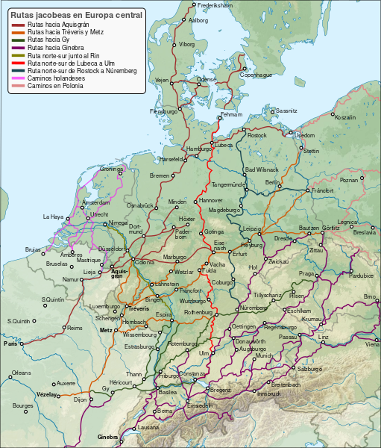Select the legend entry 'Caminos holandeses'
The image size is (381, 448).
55,78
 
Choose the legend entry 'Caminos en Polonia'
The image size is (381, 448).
55,86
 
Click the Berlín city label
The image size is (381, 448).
272,183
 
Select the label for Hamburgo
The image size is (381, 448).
199,149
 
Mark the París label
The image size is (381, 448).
10,344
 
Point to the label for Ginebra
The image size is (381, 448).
107,436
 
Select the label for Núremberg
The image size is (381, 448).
254,308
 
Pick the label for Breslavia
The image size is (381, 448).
365,232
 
